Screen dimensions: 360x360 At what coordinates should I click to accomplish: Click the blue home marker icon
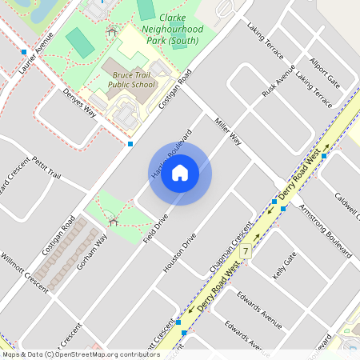pos(180,173)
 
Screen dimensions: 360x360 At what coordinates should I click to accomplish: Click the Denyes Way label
pos(79,103)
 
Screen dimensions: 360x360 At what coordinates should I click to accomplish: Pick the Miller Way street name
pos(227,130)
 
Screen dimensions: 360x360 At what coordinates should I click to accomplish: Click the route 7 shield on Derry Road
pos(246,251)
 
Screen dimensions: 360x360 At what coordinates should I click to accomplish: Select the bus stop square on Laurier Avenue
pos(25,52)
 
